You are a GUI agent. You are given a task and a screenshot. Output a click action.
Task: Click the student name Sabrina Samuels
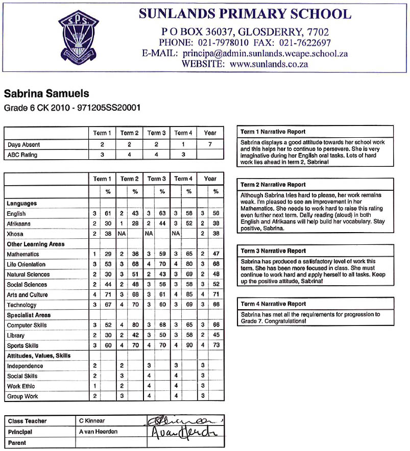(46, 94)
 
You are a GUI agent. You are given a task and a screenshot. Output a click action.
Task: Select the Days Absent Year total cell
(210, 145)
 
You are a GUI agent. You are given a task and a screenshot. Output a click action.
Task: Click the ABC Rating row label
(22, 155)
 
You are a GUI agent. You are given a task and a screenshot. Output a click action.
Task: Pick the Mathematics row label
(23, 254)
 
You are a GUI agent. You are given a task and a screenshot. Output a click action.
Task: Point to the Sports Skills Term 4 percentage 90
(189, 345)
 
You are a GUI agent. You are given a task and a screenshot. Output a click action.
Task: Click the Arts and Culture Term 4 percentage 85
(189, 295)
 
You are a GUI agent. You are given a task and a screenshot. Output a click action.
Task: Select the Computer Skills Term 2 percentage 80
(135, 325)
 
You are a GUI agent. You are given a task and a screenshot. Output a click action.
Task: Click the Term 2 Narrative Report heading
(273, 185)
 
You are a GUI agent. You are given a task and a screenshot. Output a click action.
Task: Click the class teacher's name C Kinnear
(92, 421)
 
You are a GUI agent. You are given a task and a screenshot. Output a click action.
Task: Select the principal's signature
(182, 432)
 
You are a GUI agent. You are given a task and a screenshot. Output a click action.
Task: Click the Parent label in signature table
(17, 443)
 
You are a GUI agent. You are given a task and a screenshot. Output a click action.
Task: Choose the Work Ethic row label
(21, 386)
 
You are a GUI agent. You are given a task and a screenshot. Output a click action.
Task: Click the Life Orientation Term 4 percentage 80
(189, 264)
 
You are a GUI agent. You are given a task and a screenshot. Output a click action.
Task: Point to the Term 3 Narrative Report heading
(273, 251)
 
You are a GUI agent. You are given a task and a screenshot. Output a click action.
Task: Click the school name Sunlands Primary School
(245, 14)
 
